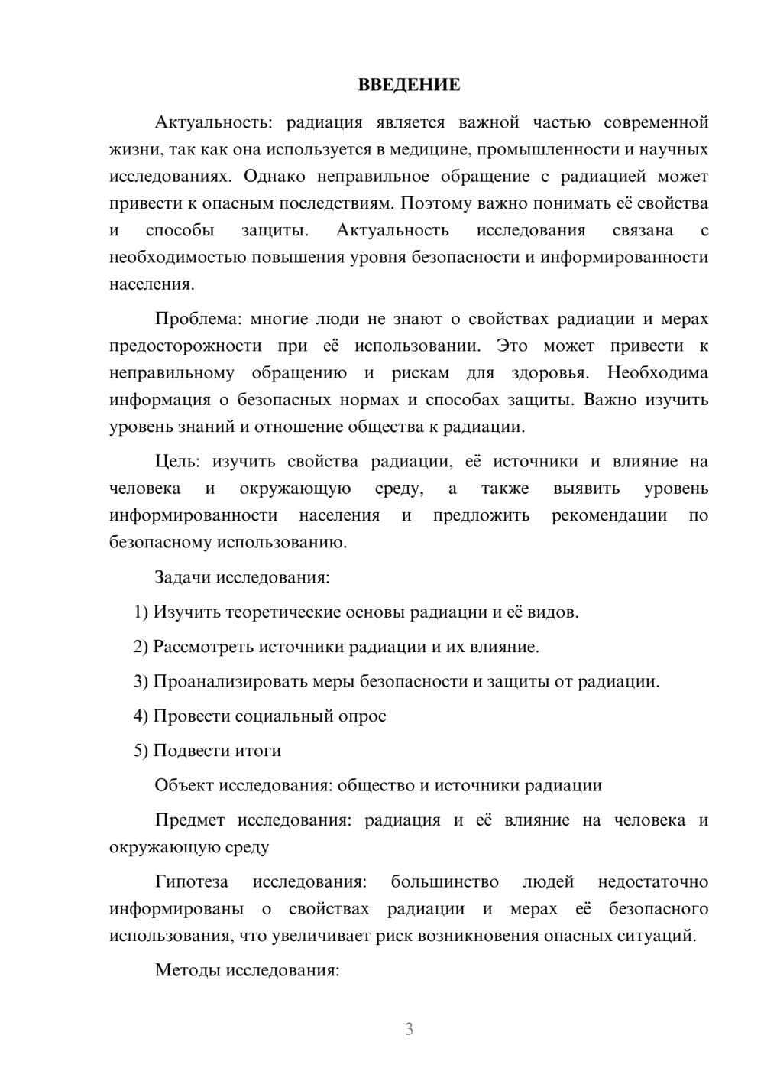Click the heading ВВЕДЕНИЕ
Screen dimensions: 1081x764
click(x=409, y=84)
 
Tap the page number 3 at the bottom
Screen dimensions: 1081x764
click(x=409, y=1029)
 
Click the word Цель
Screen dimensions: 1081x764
click(x=177, y=461)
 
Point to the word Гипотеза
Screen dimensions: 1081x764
click(x=192, y=881)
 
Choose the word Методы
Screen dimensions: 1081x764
click(x=186, y=970)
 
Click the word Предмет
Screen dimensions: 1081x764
click(x=189, y=820)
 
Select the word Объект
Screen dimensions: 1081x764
click(x=184, y=785)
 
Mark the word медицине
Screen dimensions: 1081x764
click(x=426, y=149)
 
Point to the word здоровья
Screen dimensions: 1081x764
click(x=549, y=372)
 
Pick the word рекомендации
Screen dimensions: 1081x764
click(x=609, y=515)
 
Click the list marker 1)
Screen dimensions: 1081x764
click(x=141, y=612)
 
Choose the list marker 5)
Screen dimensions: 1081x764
click(x=141, y=751)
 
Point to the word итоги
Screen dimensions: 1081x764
click(x=259, y=751)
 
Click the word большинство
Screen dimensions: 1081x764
click(x=445, y=881)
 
